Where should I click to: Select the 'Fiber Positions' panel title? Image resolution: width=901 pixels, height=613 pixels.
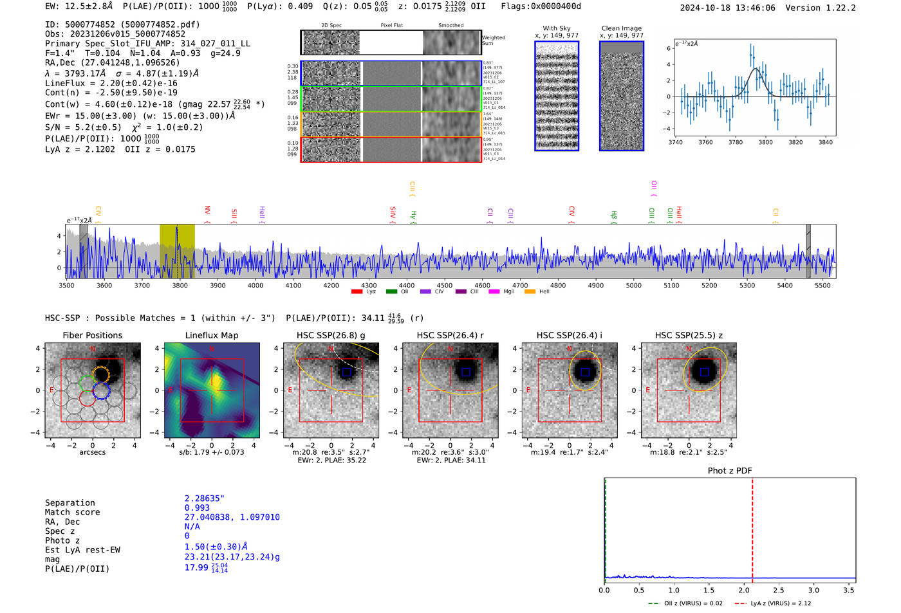click(x=92, y=335)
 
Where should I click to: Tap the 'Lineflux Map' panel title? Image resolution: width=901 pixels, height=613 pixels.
click(x=212, y=335)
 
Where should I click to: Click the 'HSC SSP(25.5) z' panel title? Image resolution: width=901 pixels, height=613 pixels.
click(x=689, y=335)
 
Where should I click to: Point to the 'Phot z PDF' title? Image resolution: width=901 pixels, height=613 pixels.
click(x=730, y=471)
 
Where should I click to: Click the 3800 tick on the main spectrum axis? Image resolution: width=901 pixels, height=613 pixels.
click(x=180, y=285)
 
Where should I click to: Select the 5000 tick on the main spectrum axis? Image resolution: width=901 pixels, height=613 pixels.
click(x=633, y=285)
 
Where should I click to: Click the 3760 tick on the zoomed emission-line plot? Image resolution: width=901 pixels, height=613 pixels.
click(x=705, y=142)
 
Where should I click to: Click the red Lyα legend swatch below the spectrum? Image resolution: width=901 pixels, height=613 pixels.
click(x=357, y=292)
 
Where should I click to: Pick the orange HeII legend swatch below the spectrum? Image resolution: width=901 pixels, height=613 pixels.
click(x=530, y=292)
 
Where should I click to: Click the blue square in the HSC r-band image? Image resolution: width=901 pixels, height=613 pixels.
click(x=466, y=372)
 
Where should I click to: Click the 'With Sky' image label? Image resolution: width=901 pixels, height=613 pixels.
click(x=556, y=28)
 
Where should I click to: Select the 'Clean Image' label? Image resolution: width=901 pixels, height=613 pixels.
click(x=621, y=28)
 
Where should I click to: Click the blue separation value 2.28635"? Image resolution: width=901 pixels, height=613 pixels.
click(x=204, y=499)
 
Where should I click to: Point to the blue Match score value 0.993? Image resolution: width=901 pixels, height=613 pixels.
click(x=197, y=508)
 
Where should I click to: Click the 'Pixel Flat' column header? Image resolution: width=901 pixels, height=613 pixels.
click(x=391, y=26)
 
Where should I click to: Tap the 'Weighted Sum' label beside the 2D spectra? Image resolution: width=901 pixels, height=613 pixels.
click(x=493, y=41)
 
